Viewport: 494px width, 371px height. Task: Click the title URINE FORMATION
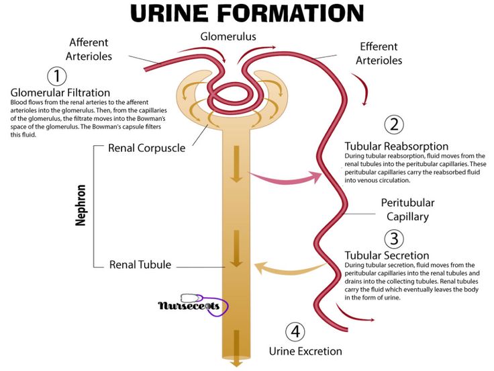pos(246,13)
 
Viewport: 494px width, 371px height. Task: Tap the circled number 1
pos(57,75)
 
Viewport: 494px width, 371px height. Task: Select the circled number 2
pos(394,125)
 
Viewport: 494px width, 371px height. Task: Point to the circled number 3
pos(394,239)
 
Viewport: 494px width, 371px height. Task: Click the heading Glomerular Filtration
pos(60,92)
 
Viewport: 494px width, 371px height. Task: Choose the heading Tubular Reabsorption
pos(396,146)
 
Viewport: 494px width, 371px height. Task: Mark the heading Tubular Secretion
pos(387,255)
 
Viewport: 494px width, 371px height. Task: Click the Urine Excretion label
pos(305,351)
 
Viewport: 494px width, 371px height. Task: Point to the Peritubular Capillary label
pos(407,210)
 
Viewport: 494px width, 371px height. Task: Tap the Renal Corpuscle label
pos(146,147)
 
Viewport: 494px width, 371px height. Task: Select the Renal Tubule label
pos(141,264)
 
